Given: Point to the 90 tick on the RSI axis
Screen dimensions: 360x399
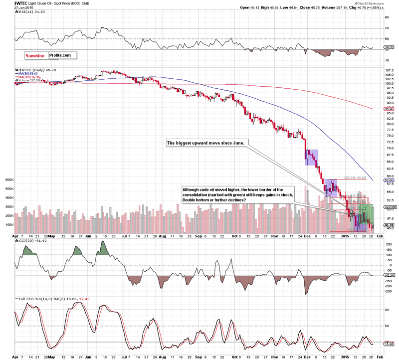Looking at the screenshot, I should point(386,16).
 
